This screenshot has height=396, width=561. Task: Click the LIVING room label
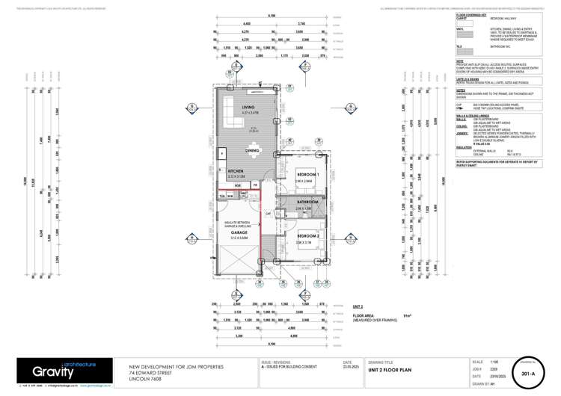[x=248, y=108]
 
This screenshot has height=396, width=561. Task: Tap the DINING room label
[x=252, y=151]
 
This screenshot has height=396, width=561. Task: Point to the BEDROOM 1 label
[x=307, y=174]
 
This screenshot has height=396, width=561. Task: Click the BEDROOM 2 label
[x=307, y=235]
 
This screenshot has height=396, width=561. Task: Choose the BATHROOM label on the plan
[x=308, y=202]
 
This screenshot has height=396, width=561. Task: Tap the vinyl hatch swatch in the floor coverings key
[x=465, y=34]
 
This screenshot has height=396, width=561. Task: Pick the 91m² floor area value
[x=408, y=316]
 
